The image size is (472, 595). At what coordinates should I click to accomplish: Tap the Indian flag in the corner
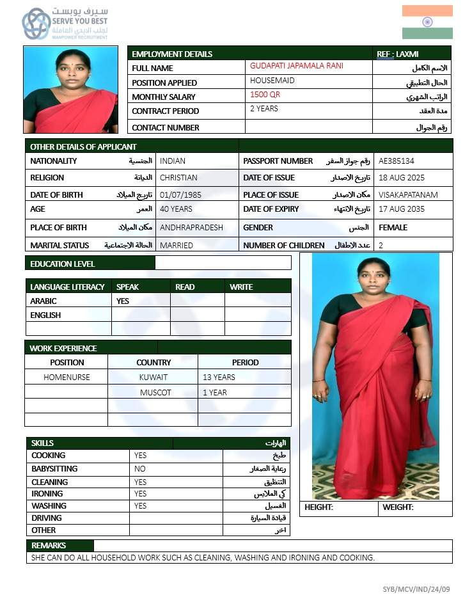point(427,22)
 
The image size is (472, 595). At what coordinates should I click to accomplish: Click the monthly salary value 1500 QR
point(265,95)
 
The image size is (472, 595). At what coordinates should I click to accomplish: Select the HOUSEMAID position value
point(272,81)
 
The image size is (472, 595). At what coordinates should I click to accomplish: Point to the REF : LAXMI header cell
point(397,54)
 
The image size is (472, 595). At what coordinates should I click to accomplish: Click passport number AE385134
point(396,161)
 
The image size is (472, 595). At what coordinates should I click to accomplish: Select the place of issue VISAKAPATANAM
point(407,194)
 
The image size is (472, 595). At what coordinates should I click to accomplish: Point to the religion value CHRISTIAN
point(178,178)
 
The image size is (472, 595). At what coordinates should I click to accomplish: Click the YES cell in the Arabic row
point(123,301)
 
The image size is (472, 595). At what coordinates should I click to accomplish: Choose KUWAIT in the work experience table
point(153,377)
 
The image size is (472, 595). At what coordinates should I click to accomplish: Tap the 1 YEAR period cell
point(215,393)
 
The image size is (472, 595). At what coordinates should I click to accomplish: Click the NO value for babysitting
point(140,469)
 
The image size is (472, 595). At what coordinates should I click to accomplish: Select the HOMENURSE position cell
point(67,377)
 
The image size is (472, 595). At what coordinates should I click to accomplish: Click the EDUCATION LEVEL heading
point(63,264)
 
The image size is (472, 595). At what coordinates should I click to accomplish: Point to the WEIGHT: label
point(398,507)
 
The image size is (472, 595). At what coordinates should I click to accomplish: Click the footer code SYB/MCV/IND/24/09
point(416,589)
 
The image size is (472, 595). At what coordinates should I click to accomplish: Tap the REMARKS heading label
point(49,546)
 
